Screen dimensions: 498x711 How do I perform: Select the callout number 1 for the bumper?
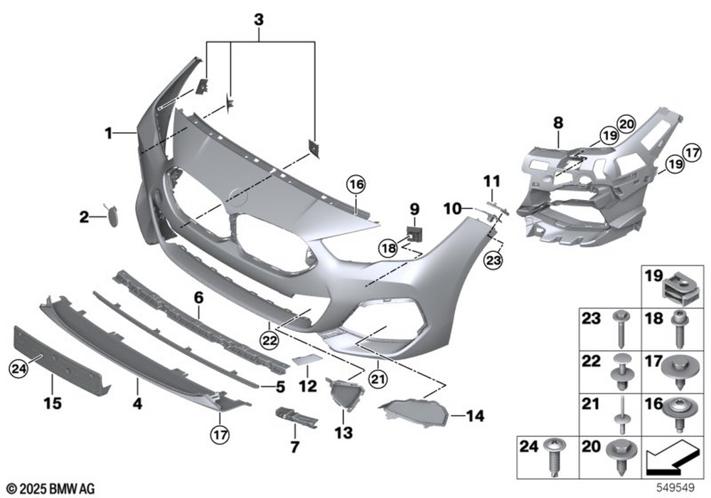click(x=109, y=132)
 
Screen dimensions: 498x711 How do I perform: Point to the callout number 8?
click(x=559, y=123)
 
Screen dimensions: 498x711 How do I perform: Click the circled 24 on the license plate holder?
click(x=16, y=367)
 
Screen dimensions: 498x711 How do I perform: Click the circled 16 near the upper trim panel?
click(x=355, y=185)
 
